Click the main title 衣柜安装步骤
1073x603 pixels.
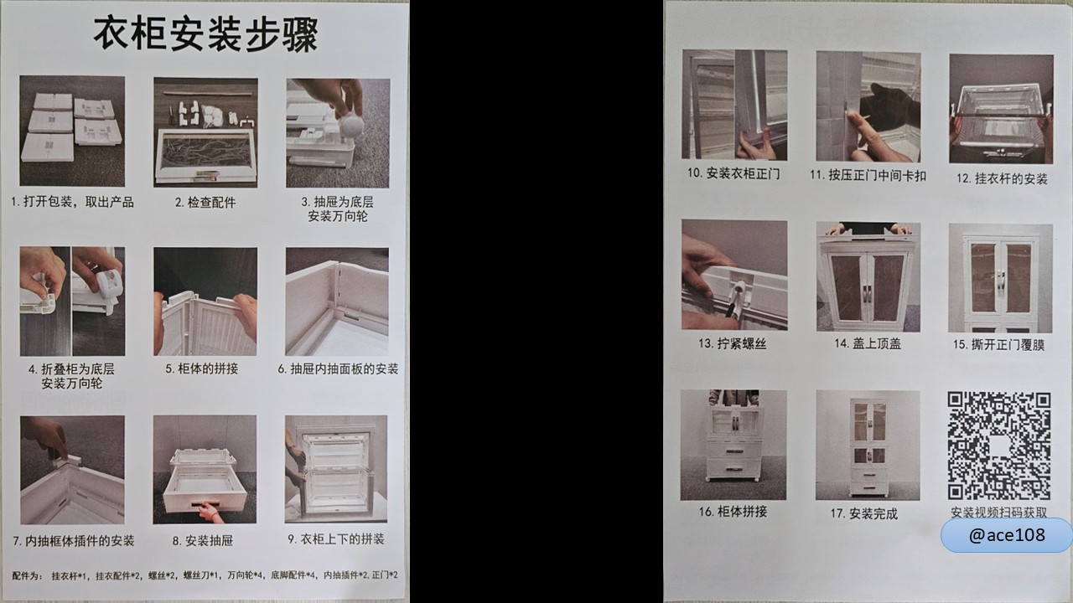[205, 34]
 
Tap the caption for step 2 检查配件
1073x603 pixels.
[205, 203]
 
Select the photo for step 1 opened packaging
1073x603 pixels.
[72, 131]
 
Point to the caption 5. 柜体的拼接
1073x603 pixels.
[202, 368]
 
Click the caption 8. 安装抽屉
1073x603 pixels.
[203, 541]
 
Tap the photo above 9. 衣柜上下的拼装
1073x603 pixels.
[336, 469]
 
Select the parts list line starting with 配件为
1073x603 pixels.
[205, 575]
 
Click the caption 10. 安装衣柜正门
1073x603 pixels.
[733, 173]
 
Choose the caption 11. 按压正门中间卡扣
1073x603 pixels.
[868, 175]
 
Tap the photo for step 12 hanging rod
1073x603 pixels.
[1001, 109]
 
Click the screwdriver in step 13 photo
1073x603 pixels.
[733, 300]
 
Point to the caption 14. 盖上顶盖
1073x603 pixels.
[868, 343]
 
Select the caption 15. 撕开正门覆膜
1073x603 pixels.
[998, 344]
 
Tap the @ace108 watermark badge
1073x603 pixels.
[1007, 534]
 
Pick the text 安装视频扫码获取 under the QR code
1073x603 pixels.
[998, 512]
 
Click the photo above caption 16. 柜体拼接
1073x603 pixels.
[733, 445]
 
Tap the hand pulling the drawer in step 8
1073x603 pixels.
[210, 512]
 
